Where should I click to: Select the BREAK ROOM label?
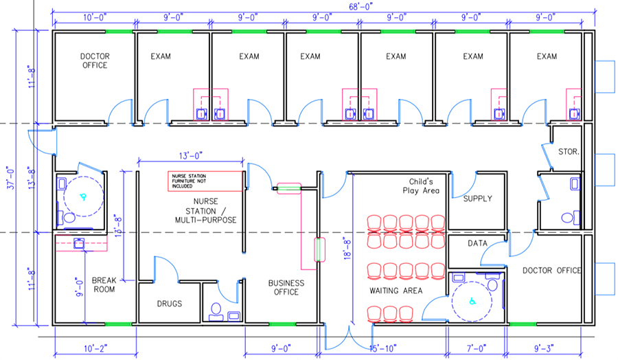click(103, 284)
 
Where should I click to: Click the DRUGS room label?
click(169, 303)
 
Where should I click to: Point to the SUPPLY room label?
click(477, 199)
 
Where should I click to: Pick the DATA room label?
click(477, 243)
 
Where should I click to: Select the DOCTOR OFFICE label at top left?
click(94, 60)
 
